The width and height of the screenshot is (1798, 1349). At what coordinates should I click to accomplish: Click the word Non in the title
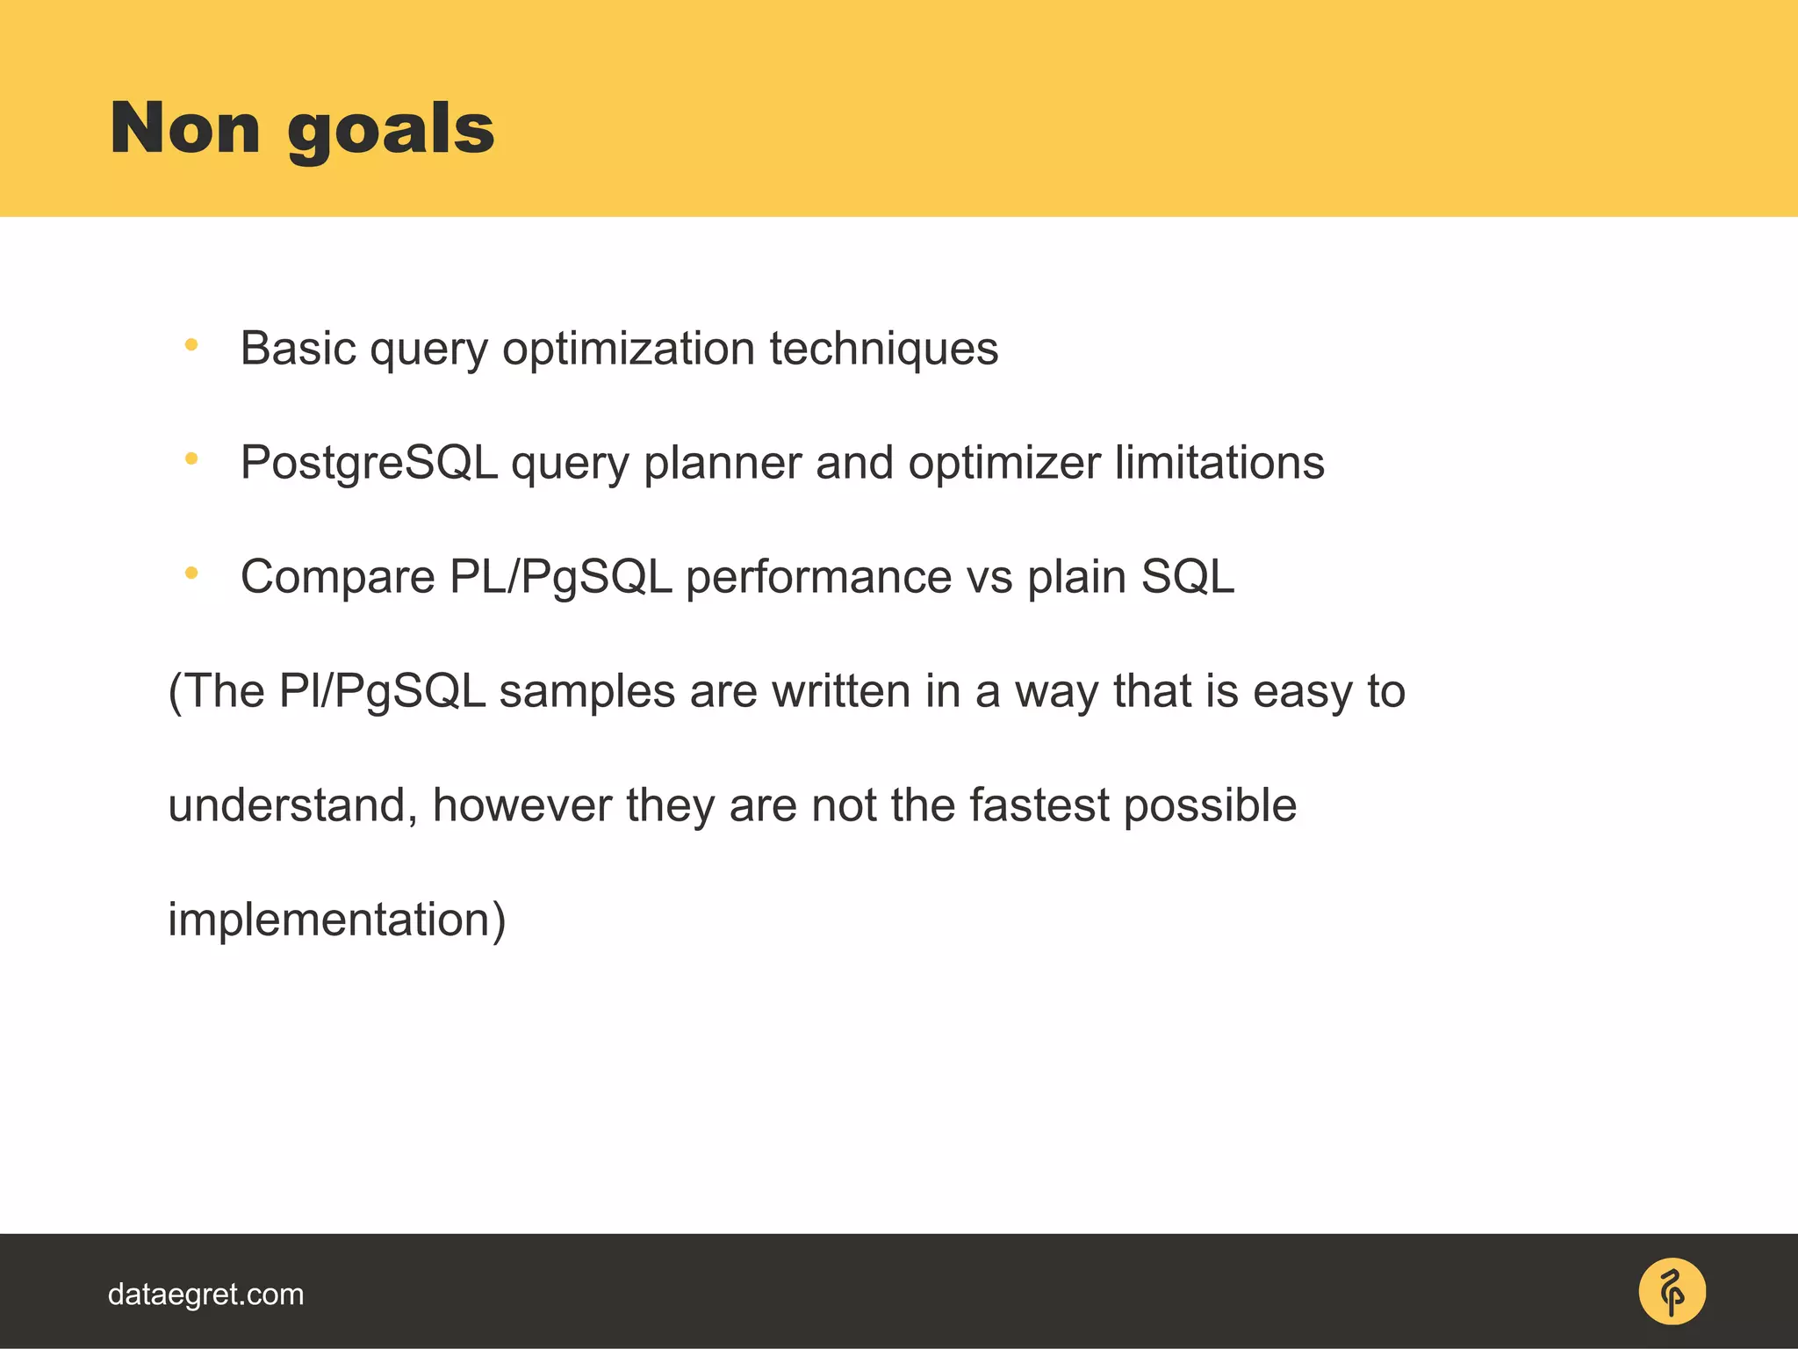coord(185,128)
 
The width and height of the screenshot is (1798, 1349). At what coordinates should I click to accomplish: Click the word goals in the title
coord(391,132)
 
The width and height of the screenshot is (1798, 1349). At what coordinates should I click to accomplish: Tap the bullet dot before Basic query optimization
coord(191,345)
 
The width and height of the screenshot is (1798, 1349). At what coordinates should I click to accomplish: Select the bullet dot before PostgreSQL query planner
coord(191,458)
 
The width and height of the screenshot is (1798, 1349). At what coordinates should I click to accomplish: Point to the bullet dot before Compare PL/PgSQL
coord(191,574)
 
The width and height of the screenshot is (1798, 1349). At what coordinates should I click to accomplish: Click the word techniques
coord(883,349)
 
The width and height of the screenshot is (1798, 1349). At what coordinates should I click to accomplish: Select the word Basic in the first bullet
coord(298,349)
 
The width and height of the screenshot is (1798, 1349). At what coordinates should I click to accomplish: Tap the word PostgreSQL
coord(369,464)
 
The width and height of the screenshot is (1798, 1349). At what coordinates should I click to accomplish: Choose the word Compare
coord(338,578)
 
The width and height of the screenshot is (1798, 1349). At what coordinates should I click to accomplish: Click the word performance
coord(817,578)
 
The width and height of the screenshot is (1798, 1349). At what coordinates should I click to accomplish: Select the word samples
coord(586,692)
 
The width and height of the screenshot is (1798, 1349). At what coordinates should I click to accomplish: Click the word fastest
coord(1039,805)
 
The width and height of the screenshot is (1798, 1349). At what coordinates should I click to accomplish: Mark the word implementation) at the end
coord(337,920)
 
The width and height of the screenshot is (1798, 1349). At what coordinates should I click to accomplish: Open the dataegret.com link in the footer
coord(205,1295)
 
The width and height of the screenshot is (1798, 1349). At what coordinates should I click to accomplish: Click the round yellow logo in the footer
coord(1672,1292)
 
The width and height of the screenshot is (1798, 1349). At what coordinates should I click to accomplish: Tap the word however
coord(521,805)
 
